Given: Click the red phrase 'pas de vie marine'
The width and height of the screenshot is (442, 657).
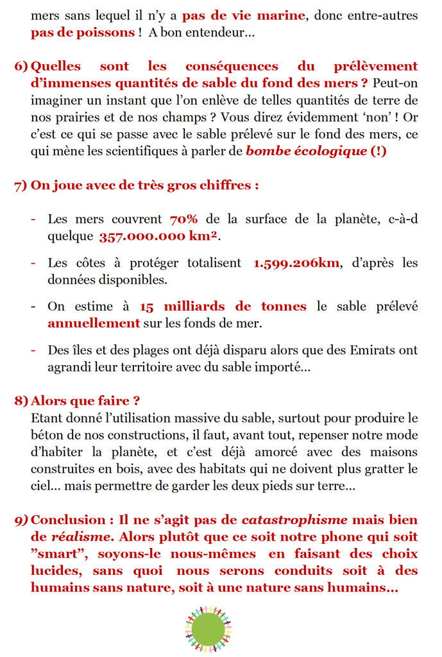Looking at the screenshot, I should [243, 15].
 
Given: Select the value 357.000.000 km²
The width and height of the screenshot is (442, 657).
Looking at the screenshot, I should [158, 236].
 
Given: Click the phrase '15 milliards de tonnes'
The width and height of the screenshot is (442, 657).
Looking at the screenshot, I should [223, 307].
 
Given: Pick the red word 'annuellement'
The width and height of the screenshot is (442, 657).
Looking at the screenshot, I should [94, 323].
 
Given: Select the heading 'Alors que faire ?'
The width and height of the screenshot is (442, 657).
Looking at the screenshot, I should [85, 401].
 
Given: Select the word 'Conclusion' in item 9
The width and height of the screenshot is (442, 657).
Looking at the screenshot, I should [68, 520].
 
